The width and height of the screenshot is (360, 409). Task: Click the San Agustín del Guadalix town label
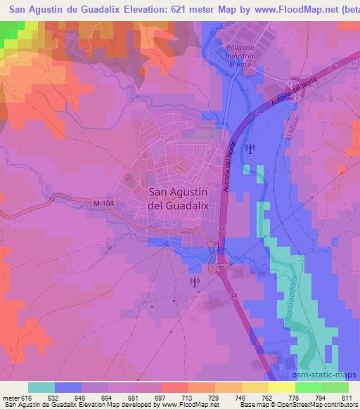coord(177,199)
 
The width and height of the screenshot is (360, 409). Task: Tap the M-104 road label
coord(103,204)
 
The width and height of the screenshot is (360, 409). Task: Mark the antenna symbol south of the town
coord(195,282)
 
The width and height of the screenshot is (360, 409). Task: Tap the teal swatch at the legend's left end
coord(41,387)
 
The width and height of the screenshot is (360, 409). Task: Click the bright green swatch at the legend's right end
coord(335,387)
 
